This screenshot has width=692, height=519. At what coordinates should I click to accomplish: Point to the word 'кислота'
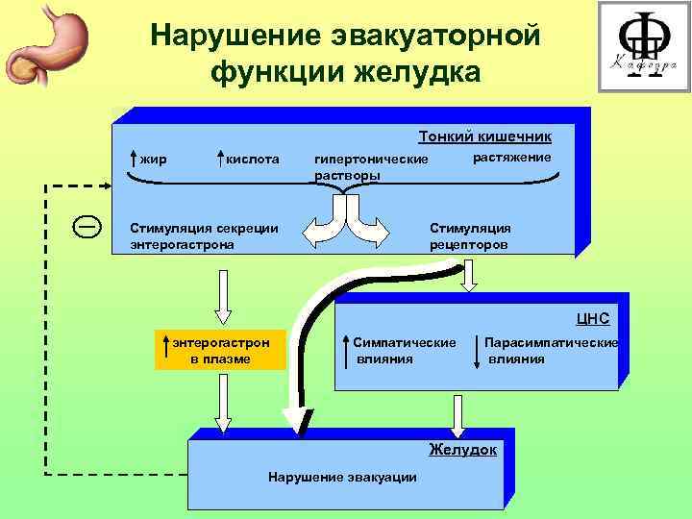click(253, 158)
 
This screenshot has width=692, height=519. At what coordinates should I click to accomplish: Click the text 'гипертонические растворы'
click(370, 166)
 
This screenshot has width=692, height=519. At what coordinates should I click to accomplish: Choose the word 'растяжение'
click(512, 157)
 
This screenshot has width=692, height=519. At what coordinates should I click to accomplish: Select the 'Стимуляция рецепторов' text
click(470, 235)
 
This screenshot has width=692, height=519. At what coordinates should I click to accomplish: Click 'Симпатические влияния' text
click(403, 351)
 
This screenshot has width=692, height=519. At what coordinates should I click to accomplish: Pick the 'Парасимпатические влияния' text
click(550, 351)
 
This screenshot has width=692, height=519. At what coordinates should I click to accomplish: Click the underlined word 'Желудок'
click(462, 449)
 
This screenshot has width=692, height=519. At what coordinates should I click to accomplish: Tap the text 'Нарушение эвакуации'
click(342, 478)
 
